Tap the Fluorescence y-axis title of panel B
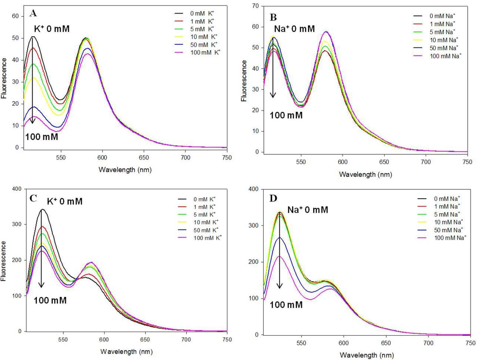point(244,79)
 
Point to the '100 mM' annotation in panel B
point(284,114)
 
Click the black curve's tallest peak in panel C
point(42,209)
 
